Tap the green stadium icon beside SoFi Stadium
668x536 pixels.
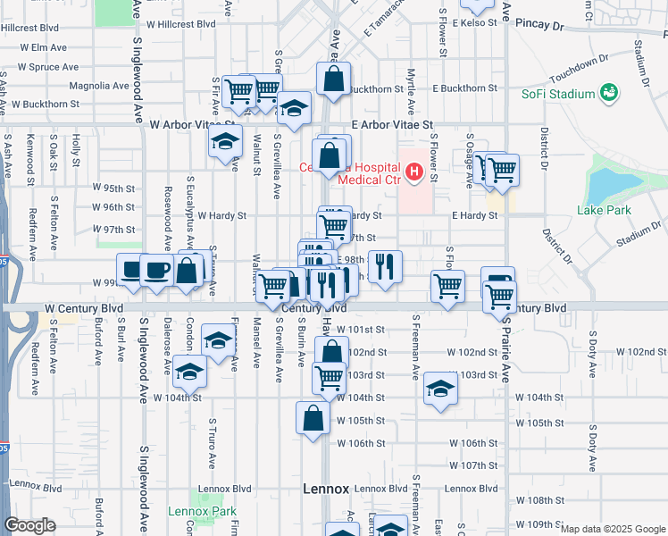click(x=610, y=93)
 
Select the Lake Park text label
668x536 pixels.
click(x=604, y=211)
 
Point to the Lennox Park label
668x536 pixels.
click(x=202, y=512)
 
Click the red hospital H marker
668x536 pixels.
click(x=414, y=172)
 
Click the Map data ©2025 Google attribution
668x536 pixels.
click(x=612, y=529)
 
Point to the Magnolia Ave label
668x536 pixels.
click(x=99, y=86)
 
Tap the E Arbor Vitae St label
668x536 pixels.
click(x=391, y=126)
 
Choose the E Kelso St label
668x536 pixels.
click(x=472, y=22)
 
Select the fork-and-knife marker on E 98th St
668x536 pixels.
click(x=385, y=264)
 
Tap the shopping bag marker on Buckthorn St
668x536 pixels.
click(x=333, y=78)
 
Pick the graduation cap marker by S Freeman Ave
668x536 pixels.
click(x=439, y=388)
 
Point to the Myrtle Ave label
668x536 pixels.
click(x=411, y=92)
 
